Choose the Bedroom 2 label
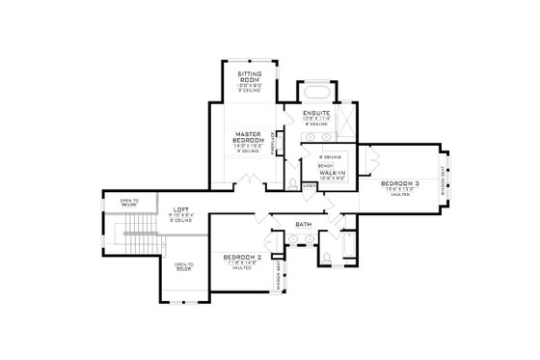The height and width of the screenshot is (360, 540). pos(236,257)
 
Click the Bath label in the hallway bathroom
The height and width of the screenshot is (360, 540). pos(303,225)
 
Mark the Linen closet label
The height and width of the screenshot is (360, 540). pos(310,187)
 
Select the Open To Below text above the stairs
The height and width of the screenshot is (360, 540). pos(129,204)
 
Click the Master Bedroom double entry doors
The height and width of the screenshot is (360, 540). pos(250,183)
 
